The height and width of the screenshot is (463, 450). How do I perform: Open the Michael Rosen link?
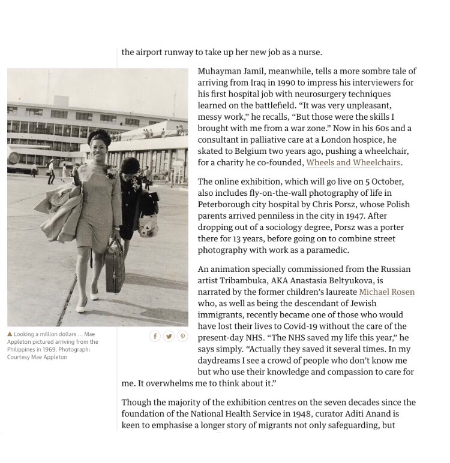[386, 292]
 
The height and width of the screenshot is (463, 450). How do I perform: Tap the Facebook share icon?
[155, 337]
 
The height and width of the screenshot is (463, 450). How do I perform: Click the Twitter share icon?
[169, 337]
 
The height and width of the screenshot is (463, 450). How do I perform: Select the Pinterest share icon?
[182, 337]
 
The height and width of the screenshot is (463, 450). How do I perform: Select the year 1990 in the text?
[284, 83]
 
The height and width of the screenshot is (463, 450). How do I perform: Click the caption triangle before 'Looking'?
[10, 334]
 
